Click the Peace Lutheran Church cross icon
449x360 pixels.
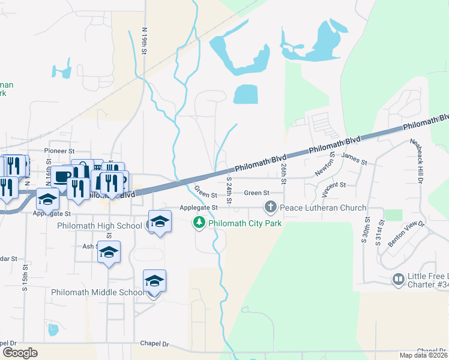pyautogui.click(x=270, y=208)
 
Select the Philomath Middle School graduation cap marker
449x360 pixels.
pyautogui.click(x=154, y=281)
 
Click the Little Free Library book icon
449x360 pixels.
pyautogui.click(x=398, y=279)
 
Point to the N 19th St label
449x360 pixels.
pyautogui.click(x=145, y=41)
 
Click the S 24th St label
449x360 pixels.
pyautogui.click(x=229, y=187)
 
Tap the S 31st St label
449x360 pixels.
pyautogui.click(x=379, y=230)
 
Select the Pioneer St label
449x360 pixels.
pyautogui.click(x=59, y=151)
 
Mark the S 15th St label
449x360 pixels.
pyautogui.click(x=25, y=277)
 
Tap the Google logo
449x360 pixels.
pyautogui.click(x=20, y=353)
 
